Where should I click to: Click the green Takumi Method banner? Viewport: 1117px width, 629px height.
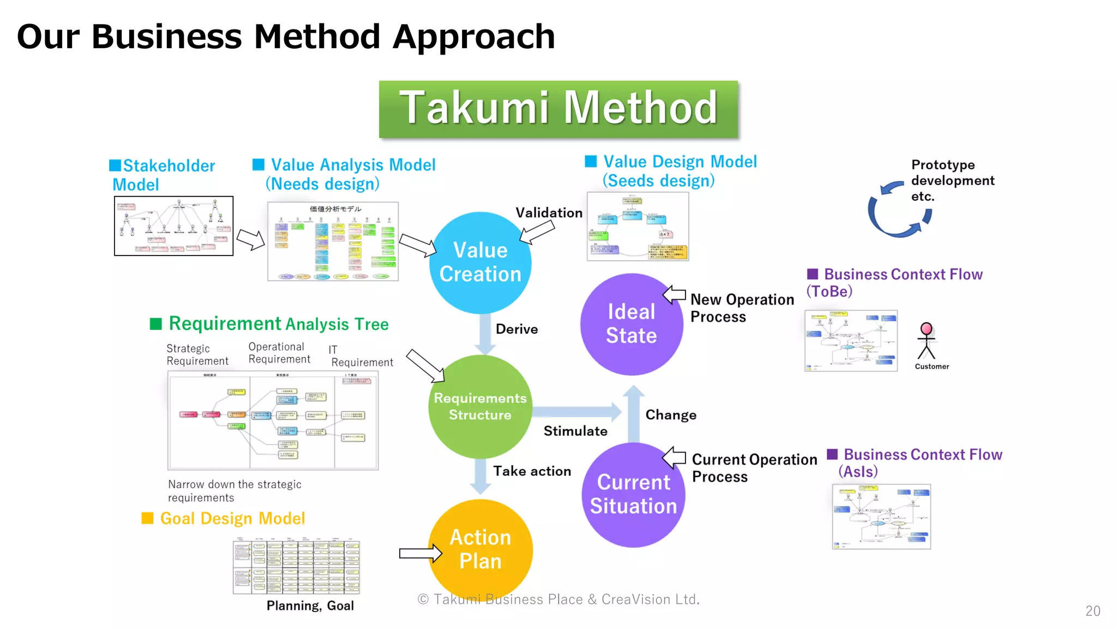coord(558,109)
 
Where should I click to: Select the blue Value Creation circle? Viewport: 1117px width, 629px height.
coord(480,262)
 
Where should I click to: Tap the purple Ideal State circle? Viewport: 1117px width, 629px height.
coord(631,324)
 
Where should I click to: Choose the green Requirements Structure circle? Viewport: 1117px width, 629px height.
coord(480,407)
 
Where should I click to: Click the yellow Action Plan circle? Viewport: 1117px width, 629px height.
coord(480,549)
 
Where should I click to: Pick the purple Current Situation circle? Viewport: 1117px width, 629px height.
coord(633,495)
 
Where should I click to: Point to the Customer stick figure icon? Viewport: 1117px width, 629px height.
coord(926,341)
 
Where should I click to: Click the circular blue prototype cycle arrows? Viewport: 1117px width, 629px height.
coord(899,210)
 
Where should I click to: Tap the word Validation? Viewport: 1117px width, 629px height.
coord(549,213)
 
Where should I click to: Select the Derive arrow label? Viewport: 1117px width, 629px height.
coord(516,329)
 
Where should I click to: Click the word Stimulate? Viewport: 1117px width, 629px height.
coord(575,431)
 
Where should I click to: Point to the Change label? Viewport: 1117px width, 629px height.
coord(670,415)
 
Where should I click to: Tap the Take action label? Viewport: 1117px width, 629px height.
coord(532,471)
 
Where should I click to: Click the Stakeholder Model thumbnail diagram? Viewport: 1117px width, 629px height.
coord(173,226)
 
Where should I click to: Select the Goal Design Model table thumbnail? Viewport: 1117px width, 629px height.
coord(296,567)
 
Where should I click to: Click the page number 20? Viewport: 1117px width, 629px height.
coord(1092,611)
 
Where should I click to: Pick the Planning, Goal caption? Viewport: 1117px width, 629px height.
coord(310,606)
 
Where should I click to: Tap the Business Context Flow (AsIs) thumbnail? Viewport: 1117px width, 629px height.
coord(881,517)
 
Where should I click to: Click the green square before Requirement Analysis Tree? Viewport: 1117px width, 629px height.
coord(156,324)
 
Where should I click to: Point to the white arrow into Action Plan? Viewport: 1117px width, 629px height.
coord(420,553)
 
